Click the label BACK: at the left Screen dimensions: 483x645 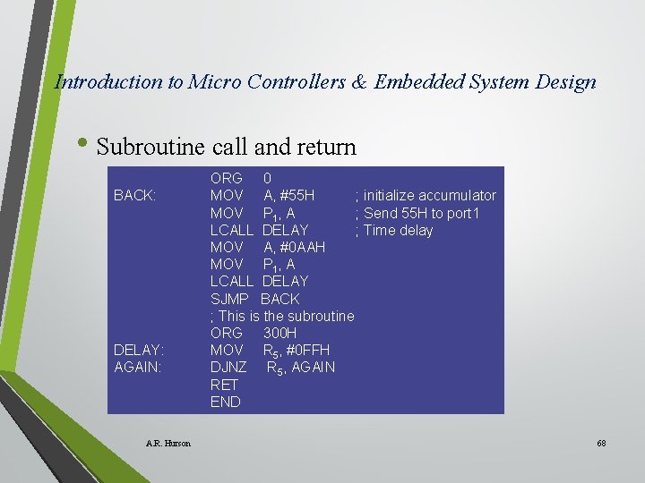pos(135,196)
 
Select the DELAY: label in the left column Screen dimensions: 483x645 pos(139,350)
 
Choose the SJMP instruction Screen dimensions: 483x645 pos(229,299)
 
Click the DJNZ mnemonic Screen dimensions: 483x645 pos(228,367)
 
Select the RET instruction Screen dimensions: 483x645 pos(224,385)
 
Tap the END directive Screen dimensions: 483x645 pos(225,402)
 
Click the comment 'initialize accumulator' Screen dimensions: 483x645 pos(429,196)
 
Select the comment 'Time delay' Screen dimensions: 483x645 pos(398,230)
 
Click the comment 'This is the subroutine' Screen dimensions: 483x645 pos(286,316)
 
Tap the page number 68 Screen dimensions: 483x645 pos(601,444)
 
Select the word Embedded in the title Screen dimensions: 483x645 pos(417,82)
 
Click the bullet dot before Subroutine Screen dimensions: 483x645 pos(85,144)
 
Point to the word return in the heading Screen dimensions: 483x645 pos(323,147)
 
